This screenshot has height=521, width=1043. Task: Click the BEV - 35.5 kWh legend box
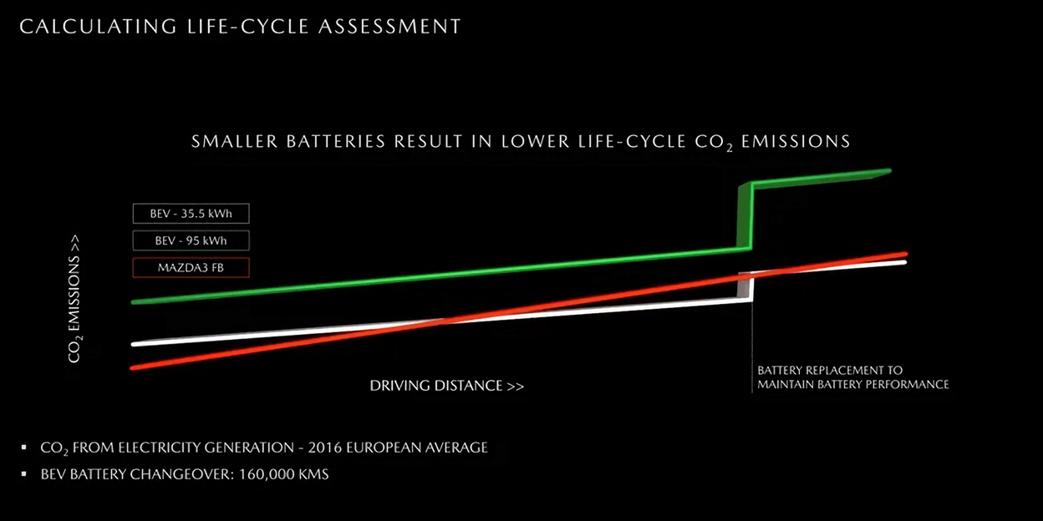tap(191, 214)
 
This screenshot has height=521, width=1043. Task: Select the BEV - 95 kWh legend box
tap(191, 240)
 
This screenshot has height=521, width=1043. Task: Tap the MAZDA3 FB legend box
tap(191, 267)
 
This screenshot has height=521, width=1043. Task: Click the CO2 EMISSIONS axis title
tap(74, 299)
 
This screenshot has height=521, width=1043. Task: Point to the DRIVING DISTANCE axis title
tap(447, 386)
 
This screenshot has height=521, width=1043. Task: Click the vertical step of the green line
tap(745, 217)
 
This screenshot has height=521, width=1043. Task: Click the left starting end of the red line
tap(133, 368)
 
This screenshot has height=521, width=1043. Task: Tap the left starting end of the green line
tap(134, 302)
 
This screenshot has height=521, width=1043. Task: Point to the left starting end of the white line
tap(134, 344)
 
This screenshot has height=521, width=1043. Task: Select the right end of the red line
tap(905, 254)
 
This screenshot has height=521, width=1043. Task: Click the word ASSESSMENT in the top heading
tap(389, 27)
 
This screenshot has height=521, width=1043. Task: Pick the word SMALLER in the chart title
tap(235, 141)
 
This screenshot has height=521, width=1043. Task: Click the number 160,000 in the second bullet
tap(265, 474)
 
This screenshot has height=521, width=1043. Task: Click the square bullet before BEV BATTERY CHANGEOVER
tap(24, 474)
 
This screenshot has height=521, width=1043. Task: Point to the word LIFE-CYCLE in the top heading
tap(248, 27)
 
